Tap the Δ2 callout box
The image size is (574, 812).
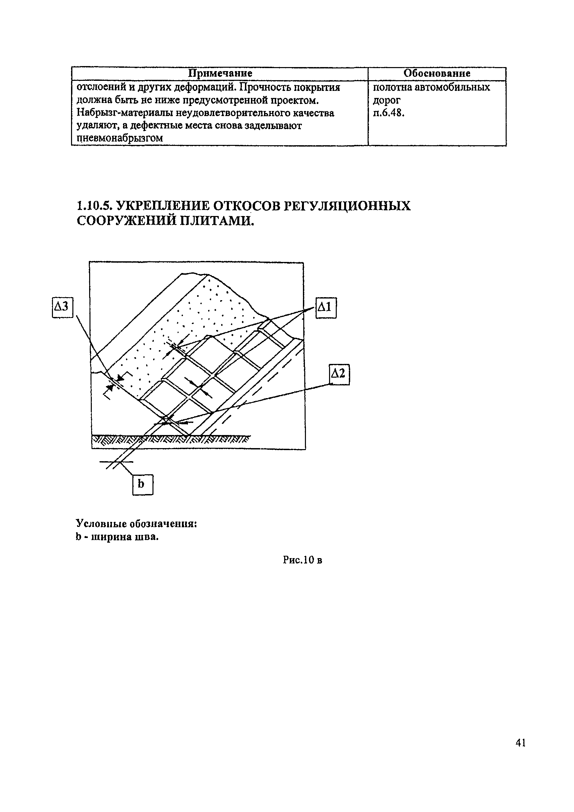339,374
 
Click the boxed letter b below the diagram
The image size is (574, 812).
142,484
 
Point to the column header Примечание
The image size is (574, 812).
220,73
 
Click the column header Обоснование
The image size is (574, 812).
437,73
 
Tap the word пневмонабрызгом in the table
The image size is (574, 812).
120,138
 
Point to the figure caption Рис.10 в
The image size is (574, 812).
302,560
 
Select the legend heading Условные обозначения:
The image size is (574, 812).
136,524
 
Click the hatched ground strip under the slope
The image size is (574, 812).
170,440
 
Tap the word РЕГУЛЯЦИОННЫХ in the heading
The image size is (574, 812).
347,206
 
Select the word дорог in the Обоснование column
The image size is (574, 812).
387,101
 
